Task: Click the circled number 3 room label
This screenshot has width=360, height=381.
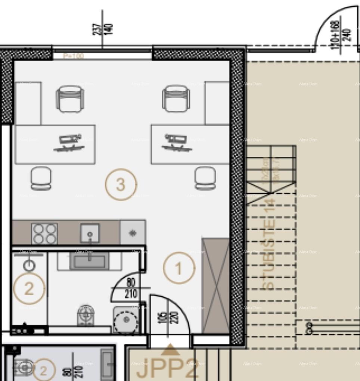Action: (x=121, y=184)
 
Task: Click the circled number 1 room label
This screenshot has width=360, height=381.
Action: (x=179, y=268)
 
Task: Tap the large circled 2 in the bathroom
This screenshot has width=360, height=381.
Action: (x=29, y=288)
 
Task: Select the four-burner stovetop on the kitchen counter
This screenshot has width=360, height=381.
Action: (x=44, y=234)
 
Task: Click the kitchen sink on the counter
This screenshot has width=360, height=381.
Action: (x=90, y=233)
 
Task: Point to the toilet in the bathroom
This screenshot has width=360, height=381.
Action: (x=85, y=316)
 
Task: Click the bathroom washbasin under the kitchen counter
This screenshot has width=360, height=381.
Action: (x=89, y=262)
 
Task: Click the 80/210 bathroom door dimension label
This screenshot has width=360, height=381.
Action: (x=131, y=288)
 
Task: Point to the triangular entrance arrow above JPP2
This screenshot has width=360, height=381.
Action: (x=170, y=350)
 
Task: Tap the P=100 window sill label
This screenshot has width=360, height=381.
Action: (x=73, y=56)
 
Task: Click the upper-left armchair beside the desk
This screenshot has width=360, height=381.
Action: (x=70, y=99)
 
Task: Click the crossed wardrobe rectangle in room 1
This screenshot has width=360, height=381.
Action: (x=215, y=285)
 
